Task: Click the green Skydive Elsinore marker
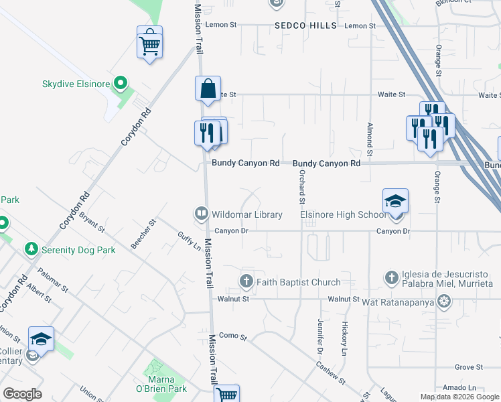click(x=121, y=83)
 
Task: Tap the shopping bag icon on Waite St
click(x=208, y=89)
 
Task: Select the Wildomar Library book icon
click(x=200, y=214)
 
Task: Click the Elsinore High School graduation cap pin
click(x=395, y=200)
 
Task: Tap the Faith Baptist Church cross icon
click(x=246, y=282)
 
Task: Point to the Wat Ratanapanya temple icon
click(x=443, y=303)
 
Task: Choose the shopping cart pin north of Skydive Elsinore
click(x=149, y=44)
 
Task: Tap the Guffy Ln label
click(x=189, y=241)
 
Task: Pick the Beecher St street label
click(x=143, y=234)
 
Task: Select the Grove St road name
click(x=469, y=367)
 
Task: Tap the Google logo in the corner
click(x=22, y=393)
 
